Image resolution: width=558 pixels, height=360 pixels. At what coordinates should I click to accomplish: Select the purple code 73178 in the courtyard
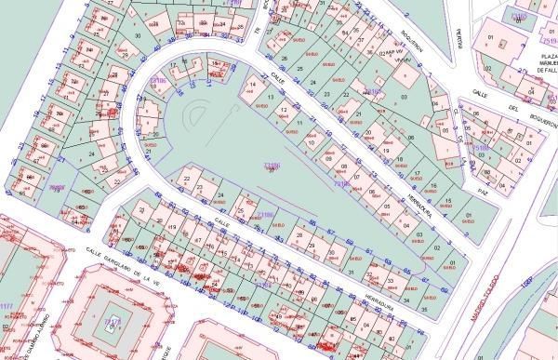pos(113,322)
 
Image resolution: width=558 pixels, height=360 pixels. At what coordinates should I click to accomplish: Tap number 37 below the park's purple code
pos(271,171)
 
